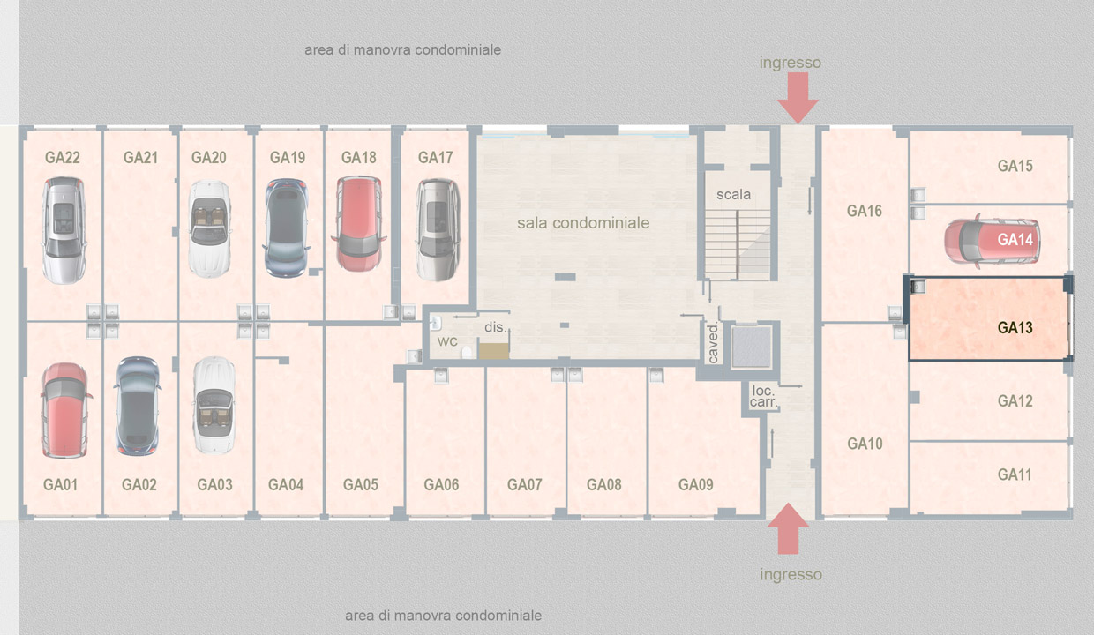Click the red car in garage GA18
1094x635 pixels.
coord(359,224)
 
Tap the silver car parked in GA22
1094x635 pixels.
coord(64,230)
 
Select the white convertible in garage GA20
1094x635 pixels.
coord(210,228)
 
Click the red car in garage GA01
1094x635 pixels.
coord(65,410)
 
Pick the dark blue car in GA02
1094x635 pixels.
coord(138,406)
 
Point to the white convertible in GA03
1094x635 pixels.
coord(214,405)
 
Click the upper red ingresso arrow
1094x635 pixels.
coord(798,98)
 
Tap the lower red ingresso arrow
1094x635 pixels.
coord(788,528)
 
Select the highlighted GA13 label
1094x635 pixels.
coord(1015,327)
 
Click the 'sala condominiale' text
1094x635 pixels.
coord(583,223)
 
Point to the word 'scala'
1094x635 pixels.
coord(733,194)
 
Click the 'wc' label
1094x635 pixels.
coord(447,341)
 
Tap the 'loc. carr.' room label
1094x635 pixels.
coord(763,396)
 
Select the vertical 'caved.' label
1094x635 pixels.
coord(713,343)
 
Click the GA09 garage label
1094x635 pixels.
coord(695,484)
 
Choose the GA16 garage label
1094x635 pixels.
coord(864,211)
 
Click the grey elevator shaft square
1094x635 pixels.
coord(752,347)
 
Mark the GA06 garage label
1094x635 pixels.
coord(441,484)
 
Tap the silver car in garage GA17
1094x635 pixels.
coord(438,229)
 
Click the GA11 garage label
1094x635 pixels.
coord(1015,474)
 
